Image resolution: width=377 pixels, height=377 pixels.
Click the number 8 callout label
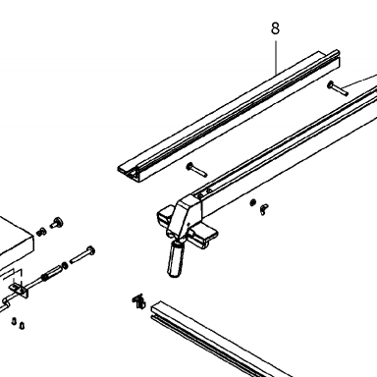[x=276, y=28]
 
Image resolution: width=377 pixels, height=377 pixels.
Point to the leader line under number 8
[x=276, y=56]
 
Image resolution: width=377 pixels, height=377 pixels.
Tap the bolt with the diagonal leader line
[x=338, y=88]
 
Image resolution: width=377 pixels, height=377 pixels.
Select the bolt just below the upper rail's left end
[x=196, y=170]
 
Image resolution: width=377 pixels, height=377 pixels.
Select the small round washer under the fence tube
[x=252, y=203]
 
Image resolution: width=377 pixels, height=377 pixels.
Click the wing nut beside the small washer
[x=264, y=209]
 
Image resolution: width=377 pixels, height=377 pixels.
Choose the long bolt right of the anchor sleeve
[x=82, y=255]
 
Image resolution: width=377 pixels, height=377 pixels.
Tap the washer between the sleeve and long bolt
[x=65, y=265]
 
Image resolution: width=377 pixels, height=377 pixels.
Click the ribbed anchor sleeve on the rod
[x=51, y=272]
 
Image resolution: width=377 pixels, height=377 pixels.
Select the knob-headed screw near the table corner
[x=57, y=223]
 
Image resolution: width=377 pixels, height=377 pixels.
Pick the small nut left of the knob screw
[x=41, y=232]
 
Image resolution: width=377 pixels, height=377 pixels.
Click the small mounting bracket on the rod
[x=19, y=291]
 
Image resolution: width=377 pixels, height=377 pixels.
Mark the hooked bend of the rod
[x=5, y=304]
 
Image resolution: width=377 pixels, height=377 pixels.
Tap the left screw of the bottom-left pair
[x=14, y=321]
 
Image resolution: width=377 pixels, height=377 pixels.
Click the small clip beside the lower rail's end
[x=138, y=301]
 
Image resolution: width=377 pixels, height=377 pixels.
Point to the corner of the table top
[x=33, y=237]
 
